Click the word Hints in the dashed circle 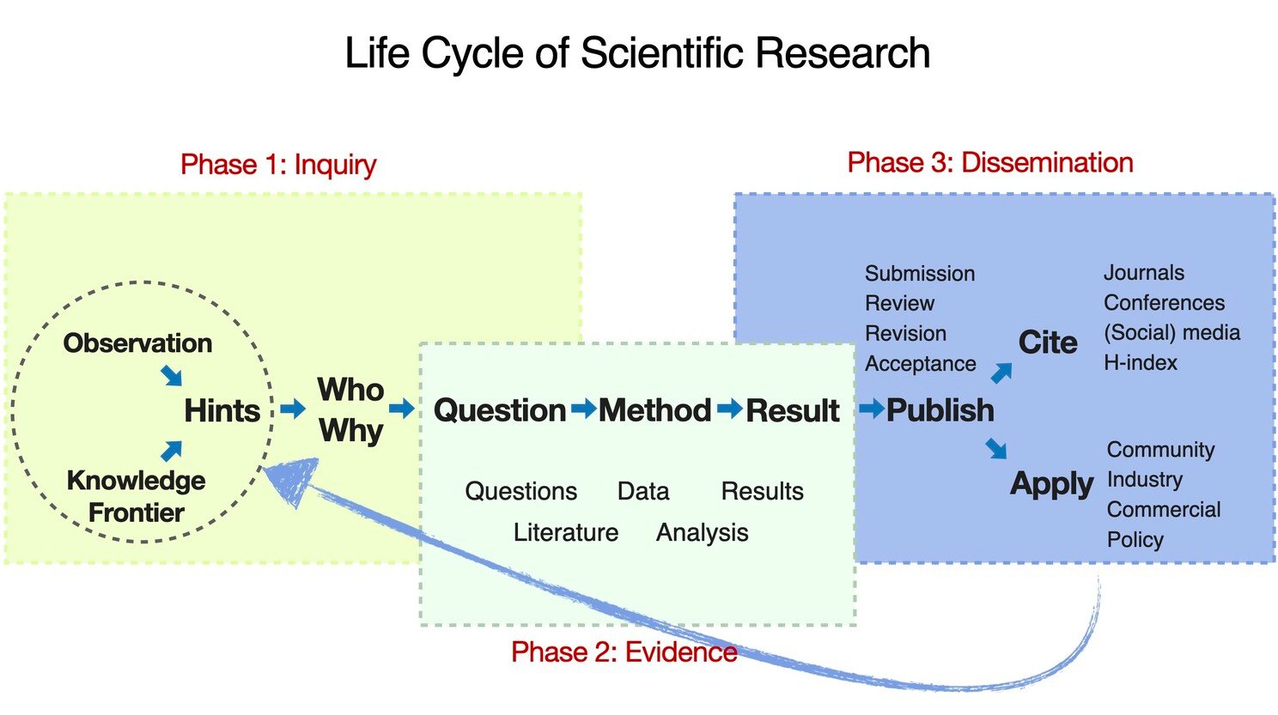click(222, 410)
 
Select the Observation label click(137, 343)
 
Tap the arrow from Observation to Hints click(171, 376)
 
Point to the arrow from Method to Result click(730, 409)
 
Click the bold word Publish click(940, 410)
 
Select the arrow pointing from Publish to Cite click(1001, 373)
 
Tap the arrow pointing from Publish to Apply click(996, 448)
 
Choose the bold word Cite click(1048, 342)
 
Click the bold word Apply click(1051, 485)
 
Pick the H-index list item click(1141, 362)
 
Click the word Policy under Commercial click(1135, 540)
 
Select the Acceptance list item click(920, 364)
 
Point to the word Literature click(566, 532)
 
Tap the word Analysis click(703, 533)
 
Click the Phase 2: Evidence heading click(624, 651)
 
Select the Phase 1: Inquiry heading click(278, 165)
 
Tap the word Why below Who click(351, 432)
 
